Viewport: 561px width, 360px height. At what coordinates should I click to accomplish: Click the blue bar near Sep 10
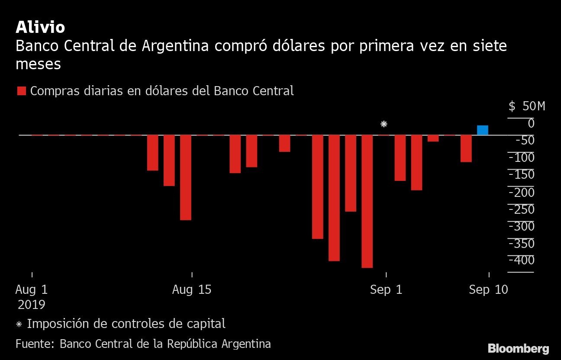[482, 130]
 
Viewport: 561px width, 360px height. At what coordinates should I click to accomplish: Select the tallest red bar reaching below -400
[367, 201]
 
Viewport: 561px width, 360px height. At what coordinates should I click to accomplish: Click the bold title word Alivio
[40, 27]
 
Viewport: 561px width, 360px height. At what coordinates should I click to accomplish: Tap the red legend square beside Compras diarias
[22, 91]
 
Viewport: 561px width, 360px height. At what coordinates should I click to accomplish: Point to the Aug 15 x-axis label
[192, 290]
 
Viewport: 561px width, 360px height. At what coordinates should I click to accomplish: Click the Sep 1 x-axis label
[386, 290]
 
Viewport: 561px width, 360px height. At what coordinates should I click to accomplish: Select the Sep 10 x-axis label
[489, 290]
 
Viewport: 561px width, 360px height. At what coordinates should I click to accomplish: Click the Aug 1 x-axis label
[32, 290]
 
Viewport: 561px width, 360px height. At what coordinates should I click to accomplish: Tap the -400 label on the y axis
[522, 260]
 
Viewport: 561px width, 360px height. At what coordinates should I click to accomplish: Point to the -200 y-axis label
[522, 192]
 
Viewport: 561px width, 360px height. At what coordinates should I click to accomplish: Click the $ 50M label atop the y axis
[527, 106]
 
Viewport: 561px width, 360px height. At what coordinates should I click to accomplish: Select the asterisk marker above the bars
[384, 125]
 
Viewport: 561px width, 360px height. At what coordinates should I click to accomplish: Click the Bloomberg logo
[518, 348]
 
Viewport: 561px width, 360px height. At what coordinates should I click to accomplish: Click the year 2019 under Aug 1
[32, 305]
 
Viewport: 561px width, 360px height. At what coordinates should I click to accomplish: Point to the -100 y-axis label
[522, 157]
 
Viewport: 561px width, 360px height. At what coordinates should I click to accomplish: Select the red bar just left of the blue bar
[466, 148]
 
